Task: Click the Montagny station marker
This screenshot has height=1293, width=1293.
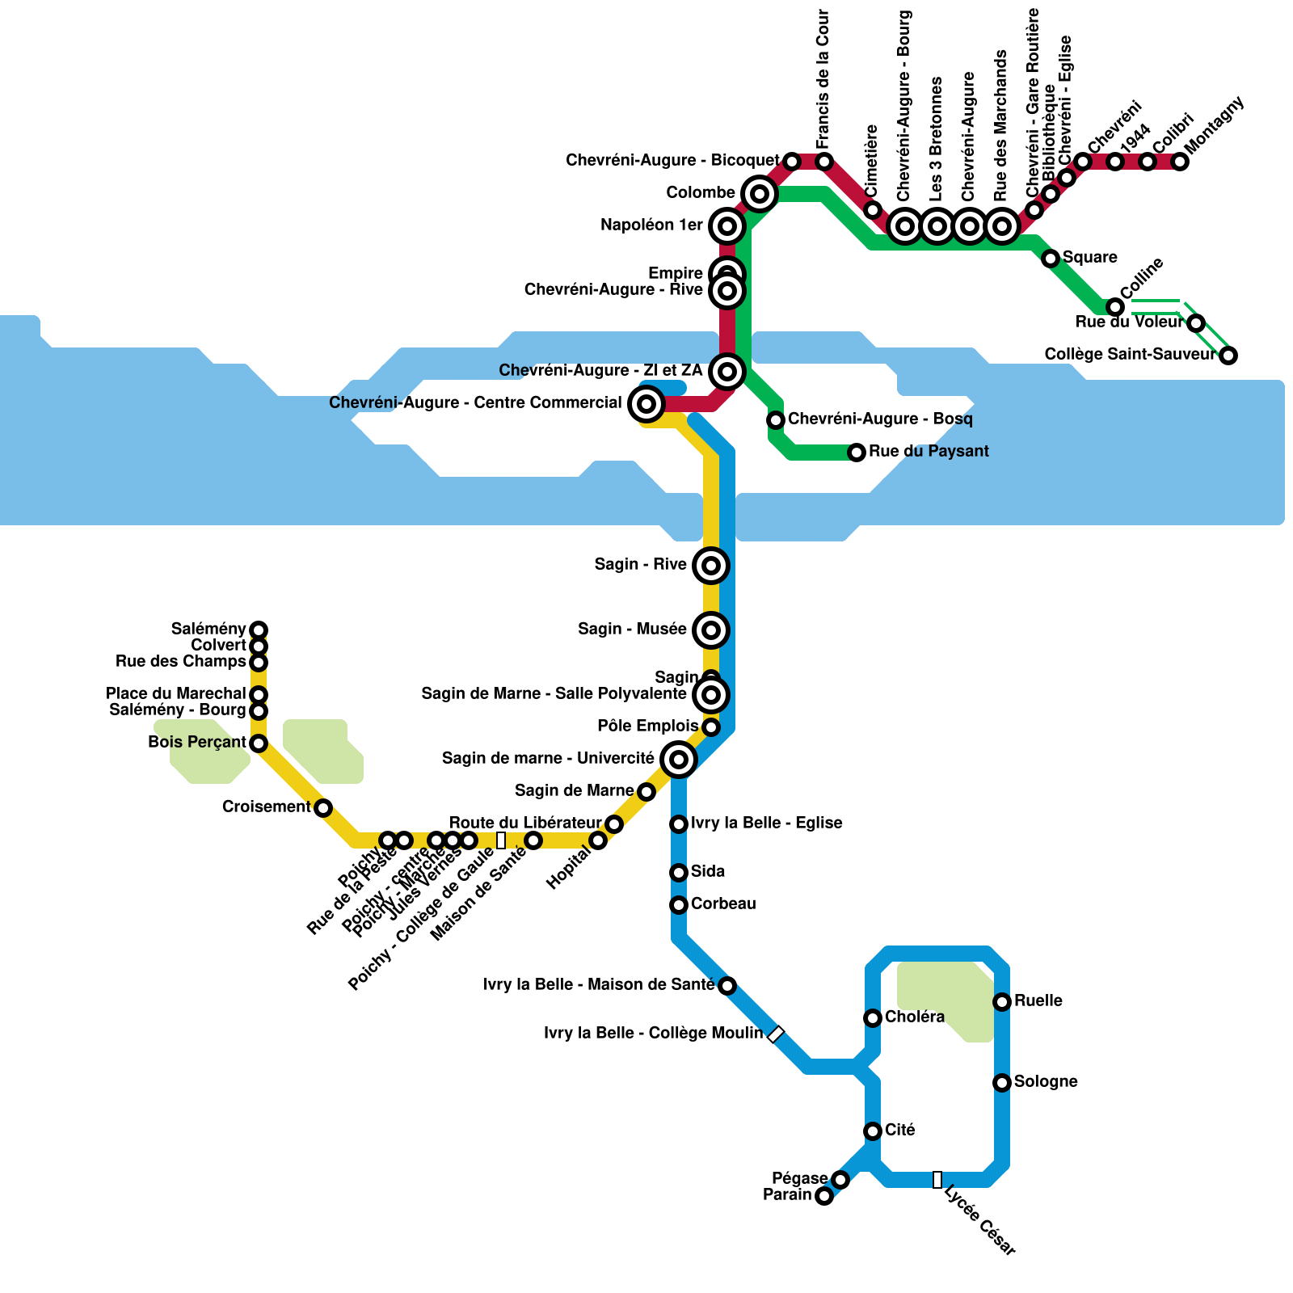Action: (1180, 162)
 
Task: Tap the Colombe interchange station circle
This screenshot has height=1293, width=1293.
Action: (759, 193)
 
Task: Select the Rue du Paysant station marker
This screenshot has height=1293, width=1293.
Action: (857, 453)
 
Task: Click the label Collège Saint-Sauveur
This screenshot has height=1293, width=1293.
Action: (1129, 355)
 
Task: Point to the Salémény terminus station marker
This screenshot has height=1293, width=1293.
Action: (259, 630)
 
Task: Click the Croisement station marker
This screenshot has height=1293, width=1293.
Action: (323, 808)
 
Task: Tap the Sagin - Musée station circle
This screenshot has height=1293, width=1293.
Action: (711, 630)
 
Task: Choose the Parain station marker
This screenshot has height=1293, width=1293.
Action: (823, 1196)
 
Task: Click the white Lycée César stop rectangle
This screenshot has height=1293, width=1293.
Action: (937, 1180)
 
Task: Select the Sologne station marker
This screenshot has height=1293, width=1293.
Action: (1002, 1083)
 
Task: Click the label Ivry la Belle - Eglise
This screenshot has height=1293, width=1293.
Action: (766, 823)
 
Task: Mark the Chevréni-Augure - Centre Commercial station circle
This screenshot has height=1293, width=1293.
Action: (646, 403)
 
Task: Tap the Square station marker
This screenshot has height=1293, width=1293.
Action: (1051, 259)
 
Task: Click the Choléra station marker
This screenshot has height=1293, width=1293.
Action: (873, 1018)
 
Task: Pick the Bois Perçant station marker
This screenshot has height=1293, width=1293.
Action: (259, 743)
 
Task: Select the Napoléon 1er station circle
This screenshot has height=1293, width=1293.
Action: (727, 226)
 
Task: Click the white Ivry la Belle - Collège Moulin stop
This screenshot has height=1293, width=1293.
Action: (776, 1034)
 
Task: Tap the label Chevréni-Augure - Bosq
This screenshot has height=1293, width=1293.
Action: (879, 419)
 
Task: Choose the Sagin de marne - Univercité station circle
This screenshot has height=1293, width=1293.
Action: (679, 760)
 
